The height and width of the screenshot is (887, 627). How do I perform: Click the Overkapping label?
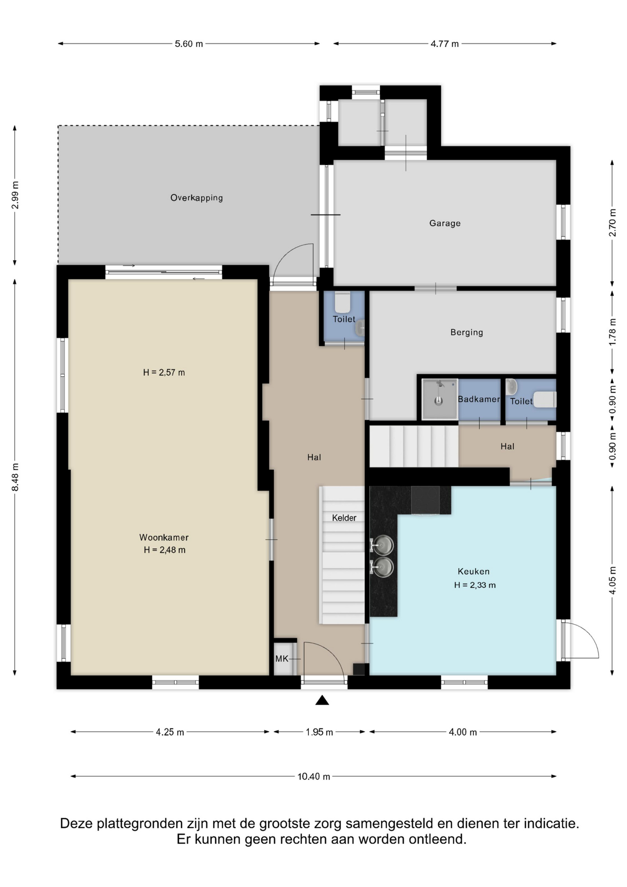pos(197,198)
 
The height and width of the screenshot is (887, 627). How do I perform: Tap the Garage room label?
pos(445,223)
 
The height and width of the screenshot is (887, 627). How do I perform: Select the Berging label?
pos(467,332)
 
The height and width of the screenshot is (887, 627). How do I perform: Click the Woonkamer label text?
pos(164,537)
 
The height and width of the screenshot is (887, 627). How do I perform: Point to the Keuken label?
pos(474,571)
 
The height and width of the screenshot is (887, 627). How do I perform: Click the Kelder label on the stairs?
pos(344,518)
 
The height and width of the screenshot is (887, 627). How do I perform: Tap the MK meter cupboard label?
pos(282,659)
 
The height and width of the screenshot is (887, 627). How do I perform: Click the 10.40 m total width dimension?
pos(313,777)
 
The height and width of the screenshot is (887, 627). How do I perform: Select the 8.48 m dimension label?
pos(15,477)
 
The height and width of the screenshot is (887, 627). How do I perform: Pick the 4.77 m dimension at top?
pos(445,44)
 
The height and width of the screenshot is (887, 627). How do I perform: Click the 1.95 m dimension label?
pos(319,732)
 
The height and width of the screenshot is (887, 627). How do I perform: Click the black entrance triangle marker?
pos(322,700)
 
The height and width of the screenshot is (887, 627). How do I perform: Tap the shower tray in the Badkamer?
pos(439,399)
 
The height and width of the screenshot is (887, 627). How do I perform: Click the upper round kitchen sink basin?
pos(383,545)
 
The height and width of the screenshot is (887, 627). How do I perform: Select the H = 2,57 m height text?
pos(164,372)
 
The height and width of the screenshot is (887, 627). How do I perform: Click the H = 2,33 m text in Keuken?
pos(475,585)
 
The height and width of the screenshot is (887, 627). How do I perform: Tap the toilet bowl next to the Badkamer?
pos(545,400)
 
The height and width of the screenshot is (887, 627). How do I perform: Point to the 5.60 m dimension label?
pos(189,44)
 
